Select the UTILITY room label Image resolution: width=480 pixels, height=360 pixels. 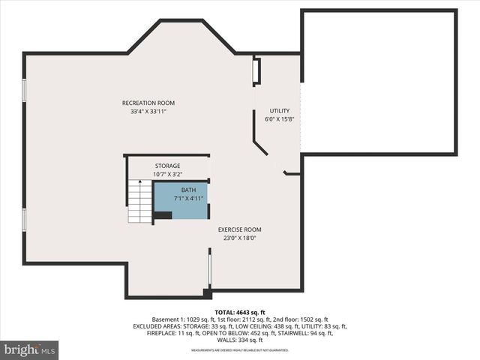coord(280,110)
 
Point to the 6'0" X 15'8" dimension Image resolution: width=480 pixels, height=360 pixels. coord(280,118)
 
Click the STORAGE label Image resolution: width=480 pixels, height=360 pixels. coord(168,166)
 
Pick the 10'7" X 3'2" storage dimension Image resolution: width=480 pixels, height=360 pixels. coord(168,174)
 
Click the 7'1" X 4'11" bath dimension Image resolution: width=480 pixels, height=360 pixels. coord(188,199)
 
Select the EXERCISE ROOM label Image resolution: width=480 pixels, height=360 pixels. coord(240,229)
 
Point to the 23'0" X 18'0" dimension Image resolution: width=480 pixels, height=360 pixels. coord(240,238)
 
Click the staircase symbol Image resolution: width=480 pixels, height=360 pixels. coord(139,202)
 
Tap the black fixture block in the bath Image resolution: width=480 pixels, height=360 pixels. coord(163,215)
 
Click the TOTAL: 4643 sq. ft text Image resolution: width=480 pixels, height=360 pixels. coord(240,311)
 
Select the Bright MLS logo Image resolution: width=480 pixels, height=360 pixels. coord(30,349)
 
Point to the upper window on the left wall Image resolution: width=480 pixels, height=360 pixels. coord(25,90)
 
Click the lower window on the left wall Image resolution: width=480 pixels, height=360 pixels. coord(25,220)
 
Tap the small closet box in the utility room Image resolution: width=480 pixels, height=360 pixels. coord(256,70)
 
